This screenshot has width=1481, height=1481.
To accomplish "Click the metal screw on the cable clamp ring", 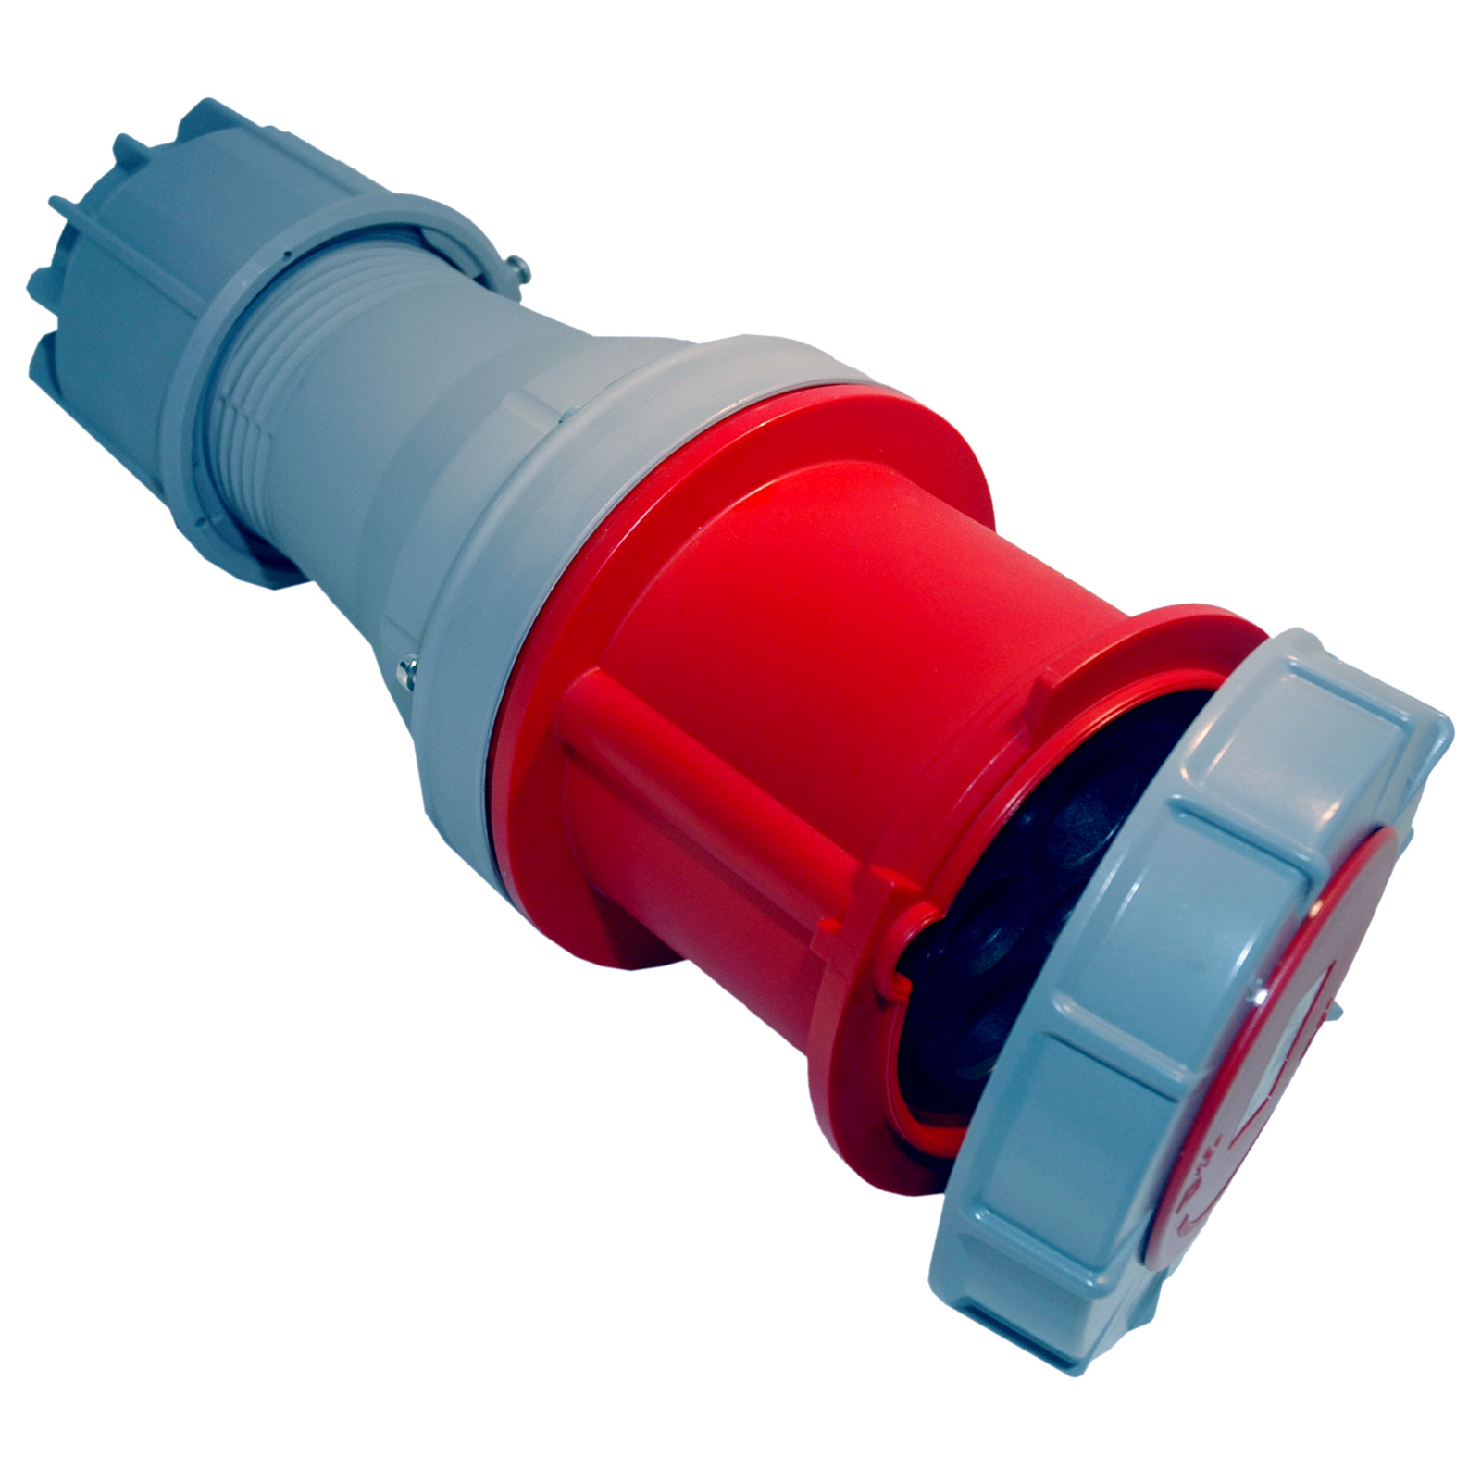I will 522,268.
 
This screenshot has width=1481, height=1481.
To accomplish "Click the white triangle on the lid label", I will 1296,1027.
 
